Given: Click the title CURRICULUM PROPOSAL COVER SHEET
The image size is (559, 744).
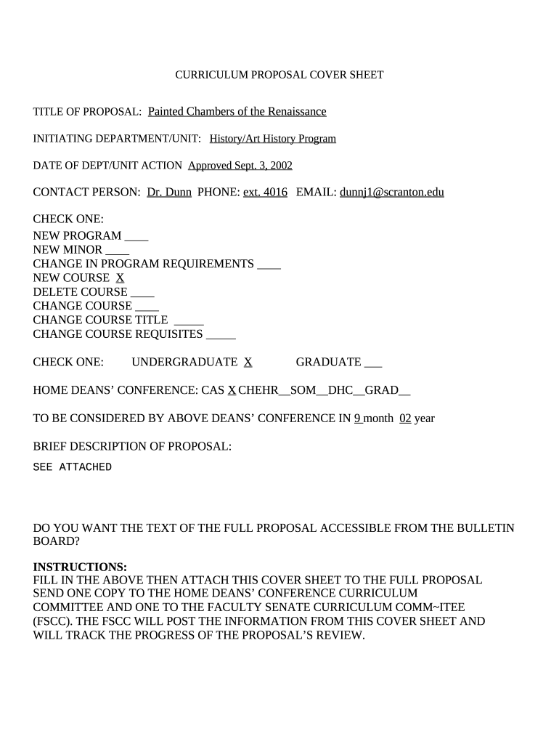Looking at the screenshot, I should pyautogui.click(x=279, y=75).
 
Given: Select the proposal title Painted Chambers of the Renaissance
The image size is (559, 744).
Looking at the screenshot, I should pyautogui.click(x=237, y=111).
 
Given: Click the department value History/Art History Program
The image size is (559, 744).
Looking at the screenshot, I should pyautogui.click(x=273, y=139).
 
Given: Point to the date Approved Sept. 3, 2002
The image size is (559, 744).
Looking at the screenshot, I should pyautogui.click(x=240, y=166).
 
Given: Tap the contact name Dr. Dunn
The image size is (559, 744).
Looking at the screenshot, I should pyautogui.click(x=169, y=193).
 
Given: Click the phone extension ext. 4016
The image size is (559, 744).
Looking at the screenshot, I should pyautogui.click(x=264, y=193).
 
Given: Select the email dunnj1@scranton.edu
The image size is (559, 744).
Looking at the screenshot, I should pyautogui.click(x=392, y=193).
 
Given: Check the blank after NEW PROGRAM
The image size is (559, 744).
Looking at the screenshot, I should pyautogui.click(x=136, y=236).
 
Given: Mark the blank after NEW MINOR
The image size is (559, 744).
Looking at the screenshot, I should pyautogui.click(x=118, y=250).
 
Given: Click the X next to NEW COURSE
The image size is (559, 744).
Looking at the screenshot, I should pyautogui.click(x=121, y=278).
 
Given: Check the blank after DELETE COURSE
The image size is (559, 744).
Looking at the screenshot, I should pyautogui.click(x=142, y=292).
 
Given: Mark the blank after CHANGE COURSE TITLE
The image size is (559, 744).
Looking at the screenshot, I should pyautogui.click(x=189, y=320).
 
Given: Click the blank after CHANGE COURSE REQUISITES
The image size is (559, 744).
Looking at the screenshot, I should pyautogui.click(x=221, y=334).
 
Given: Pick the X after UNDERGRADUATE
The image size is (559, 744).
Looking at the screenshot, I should pyautogui.click(x=248, y=362).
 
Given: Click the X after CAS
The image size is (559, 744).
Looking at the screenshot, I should pyautogui.click(x=232, y=390).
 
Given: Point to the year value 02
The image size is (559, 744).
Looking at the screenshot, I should pyautogui.click(x=406, y=418).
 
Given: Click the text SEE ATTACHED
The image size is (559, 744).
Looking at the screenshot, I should pyautogui.click(x=73, y=467).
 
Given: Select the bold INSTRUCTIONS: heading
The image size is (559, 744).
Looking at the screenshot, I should pyautogui.click(x=80, y=567).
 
